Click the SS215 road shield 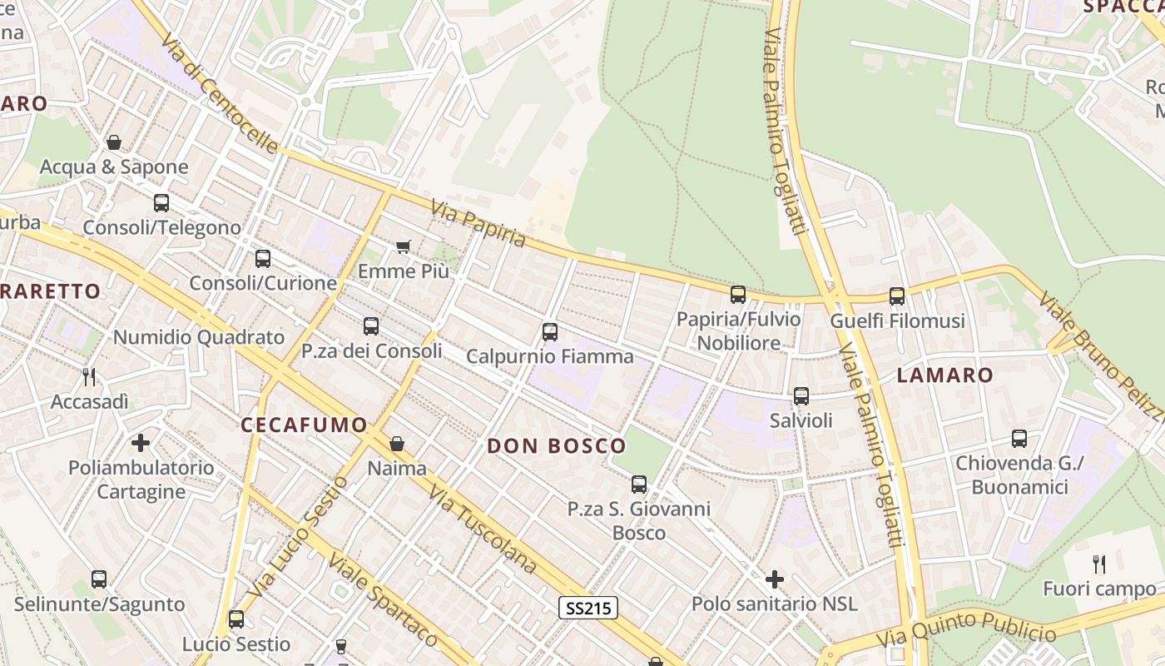coord(588,608)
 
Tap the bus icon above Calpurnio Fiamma coord(549,332)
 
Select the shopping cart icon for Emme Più coord(404,246)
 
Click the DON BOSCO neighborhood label coord(556,446)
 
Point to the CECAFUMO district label coord(304,425)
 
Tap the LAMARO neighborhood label coord(944,375)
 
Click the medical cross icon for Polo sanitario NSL coord(775,579)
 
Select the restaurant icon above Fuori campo coord(1099,564)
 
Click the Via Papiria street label coord(478,223)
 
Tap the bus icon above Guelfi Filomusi coord(896,296)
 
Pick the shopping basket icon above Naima coord(397,444)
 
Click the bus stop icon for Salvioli coord(801,396)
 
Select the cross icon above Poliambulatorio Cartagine coord(141,442)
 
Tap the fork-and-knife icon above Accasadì coord(89,377)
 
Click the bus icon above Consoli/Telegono coord(161,202)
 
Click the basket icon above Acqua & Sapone coord(114,142)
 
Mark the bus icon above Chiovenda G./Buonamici coord(1019,438)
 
